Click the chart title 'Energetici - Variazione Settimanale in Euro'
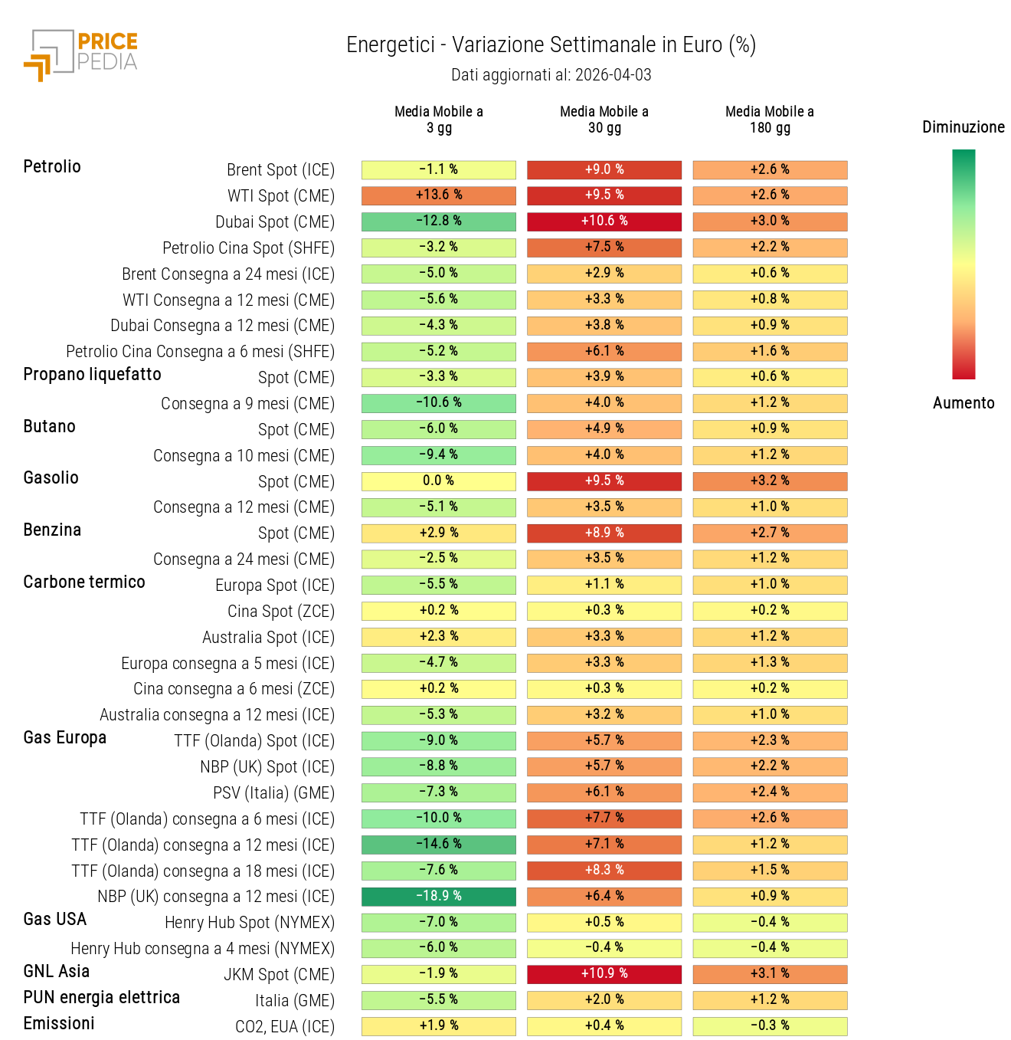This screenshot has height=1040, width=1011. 551,45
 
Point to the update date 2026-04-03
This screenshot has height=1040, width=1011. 613,75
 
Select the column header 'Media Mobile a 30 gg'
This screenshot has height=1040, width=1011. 604,120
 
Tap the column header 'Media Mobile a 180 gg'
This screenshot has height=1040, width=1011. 769,120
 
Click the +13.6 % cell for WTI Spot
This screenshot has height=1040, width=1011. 438,195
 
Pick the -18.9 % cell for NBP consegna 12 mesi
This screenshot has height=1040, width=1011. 438,897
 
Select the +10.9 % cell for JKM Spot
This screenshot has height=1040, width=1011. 604,974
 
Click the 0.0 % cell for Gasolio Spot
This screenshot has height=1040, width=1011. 438,481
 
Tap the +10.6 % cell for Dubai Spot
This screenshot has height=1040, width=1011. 604,221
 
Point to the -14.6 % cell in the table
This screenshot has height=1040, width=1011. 438,845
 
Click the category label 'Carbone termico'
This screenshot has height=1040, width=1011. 84,582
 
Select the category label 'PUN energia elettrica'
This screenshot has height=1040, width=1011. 101,998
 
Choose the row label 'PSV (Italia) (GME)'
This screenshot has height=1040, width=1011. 273,793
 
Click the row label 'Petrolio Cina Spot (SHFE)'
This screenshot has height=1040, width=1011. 248,248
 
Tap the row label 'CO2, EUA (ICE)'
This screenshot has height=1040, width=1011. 284,1027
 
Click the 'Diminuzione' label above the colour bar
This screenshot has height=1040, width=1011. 963,127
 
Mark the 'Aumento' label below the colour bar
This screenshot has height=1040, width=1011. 963,403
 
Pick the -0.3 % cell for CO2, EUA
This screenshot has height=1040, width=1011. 769,1026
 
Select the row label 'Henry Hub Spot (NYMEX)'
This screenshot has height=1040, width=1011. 249,923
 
